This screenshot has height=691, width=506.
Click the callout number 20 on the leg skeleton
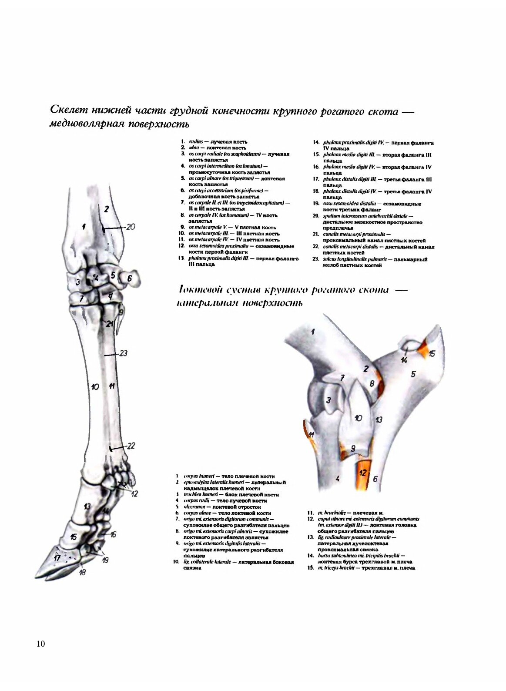(131, 227)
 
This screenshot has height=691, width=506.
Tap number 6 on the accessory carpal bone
(129, 278)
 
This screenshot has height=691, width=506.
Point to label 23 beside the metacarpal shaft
(123, 353)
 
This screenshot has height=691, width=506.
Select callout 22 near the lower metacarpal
(131, 446)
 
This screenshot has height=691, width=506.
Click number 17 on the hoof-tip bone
(57, 557)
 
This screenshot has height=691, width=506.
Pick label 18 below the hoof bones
(82, 573)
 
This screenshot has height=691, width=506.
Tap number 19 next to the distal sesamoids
(105, 560)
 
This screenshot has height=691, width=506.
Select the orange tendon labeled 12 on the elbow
(363, 473)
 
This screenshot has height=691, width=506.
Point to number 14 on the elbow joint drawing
(404, 359)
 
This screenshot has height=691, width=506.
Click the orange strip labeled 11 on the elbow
(311, 435)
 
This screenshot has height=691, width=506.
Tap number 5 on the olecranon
(413, 374)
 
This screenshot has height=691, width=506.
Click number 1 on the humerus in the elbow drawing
(312, 332)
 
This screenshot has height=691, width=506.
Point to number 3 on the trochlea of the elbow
(328, 400)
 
